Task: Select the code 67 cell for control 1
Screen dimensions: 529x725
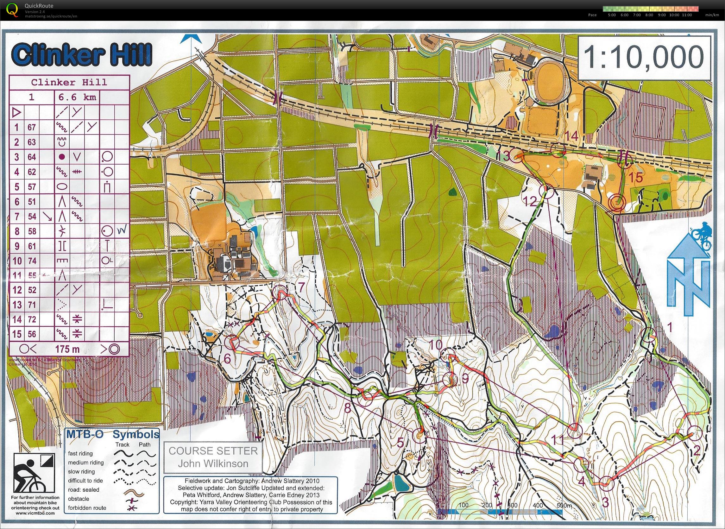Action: [x=31, y=127]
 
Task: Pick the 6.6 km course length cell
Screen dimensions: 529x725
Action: [x=77, y=97]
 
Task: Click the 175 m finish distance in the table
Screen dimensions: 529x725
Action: [x=67, y=349]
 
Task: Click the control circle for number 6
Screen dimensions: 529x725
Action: [x=232, y=342]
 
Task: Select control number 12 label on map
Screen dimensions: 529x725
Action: [x=530, y=201]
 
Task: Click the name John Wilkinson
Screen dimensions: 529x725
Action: [x=213, y=463]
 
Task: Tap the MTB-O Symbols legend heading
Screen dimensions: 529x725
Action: [x=112, y=435]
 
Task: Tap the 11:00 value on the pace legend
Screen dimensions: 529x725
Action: [x=687, y=15]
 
